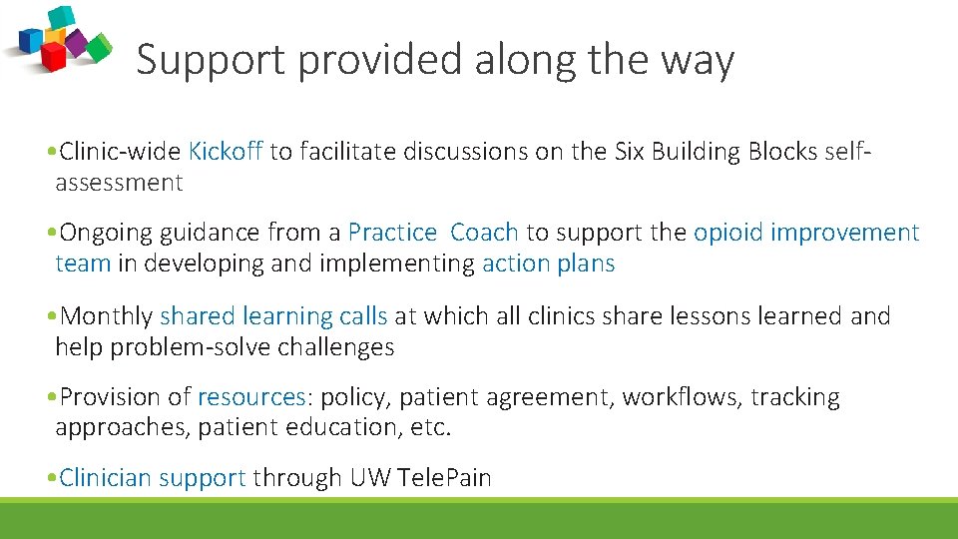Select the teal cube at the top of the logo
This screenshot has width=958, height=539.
(x=62, y=16)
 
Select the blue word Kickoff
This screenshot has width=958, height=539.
(x=226, y=152)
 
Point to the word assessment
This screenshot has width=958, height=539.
(x=119, y=183)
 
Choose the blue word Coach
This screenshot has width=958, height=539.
(x=484, y=233)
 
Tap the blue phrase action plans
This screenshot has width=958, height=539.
(x=548, y=264)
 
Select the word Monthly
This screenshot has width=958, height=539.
(x=107, y=316)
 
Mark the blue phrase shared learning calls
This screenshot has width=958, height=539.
(x=273, y=316)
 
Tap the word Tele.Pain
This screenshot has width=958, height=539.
(x=444, y=478)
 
